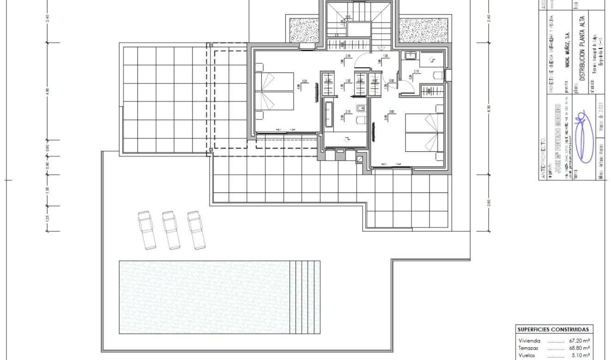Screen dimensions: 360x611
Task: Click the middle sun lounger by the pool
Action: (171, 230)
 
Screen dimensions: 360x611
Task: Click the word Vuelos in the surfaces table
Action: (527, 355)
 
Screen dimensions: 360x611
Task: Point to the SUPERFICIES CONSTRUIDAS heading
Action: (553, 330)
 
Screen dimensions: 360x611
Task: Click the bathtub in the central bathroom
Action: (328, 114)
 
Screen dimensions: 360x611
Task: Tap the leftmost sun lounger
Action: (147, 230)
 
